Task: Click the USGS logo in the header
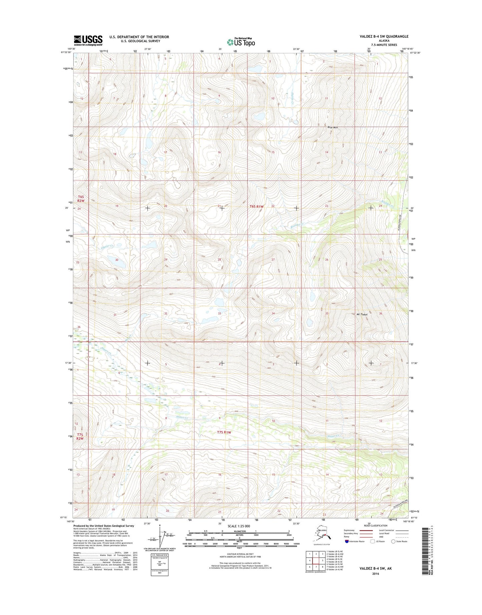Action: click(x=88, y=40)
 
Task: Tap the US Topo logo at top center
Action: click(x=241, y=42)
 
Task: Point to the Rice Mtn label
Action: click(x=333, y=127)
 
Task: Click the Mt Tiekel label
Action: click(x=360, y=315)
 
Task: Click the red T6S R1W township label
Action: click(x=257, y=206)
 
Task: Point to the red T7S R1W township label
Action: click(x=224, y=432)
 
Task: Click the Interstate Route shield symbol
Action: click(x=347, y=541)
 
